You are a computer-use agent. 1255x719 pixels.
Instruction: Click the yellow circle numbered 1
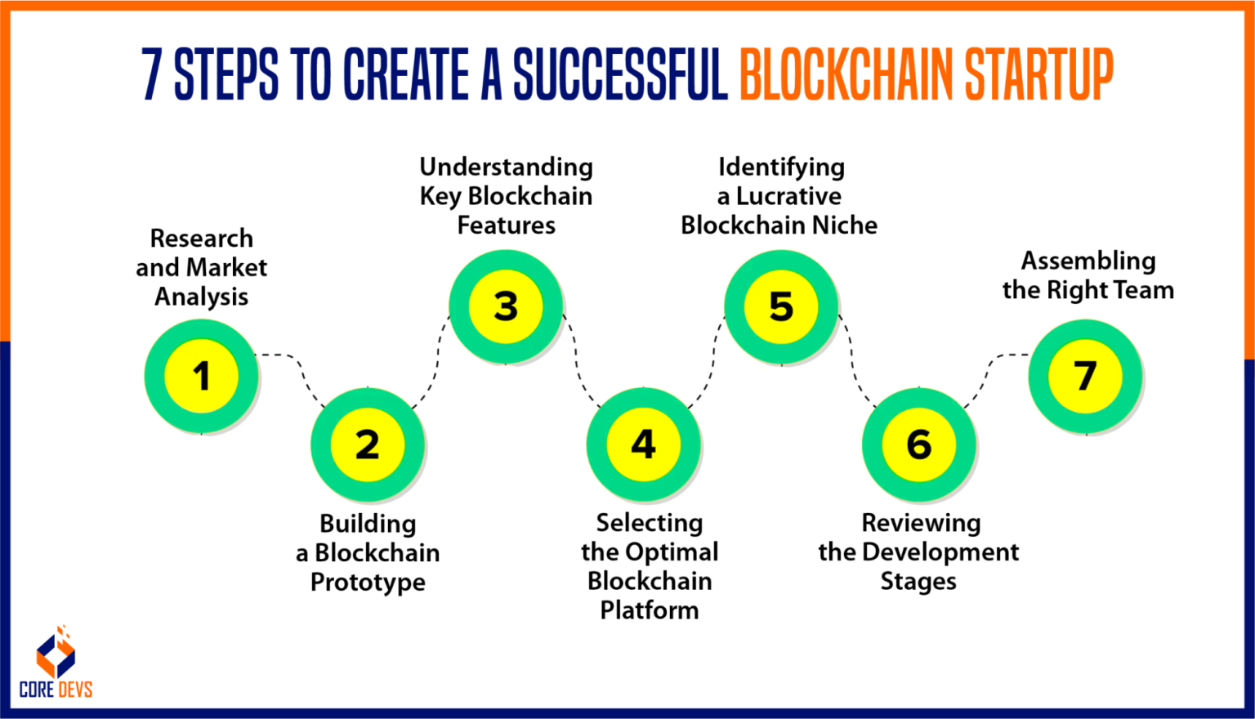point(201,376)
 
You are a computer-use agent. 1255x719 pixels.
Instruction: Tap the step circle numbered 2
point(368,444)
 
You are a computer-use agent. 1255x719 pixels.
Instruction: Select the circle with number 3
point(506,306)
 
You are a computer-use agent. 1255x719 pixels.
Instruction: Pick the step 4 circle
point(644,444)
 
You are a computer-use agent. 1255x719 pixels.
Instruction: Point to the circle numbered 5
point(781,306)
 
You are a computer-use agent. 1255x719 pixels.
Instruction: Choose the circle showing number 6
point(919,444)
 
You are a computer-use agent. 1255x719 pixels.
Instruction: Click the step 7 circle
point(1085,376)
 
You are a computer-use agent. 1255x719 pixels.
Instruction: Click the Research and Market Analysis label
point(201,267)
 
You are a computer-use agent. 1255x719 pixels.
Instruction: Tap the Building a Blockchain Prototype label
point(368,552)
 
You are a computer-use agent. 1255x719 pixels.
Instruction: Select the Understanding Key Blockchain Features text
point(506,196)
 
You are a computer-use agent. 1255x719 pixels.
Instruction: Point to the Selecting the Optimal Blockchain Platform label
point(650,566)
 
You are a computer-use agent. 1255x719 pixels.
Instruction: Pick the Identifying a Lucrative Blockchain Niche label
point(779,196)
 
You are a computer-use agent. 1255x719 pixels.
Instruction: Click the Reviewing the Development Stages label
point(919,552)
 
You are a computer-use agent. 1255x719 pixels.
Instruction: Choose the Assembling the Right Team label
point(1088,275)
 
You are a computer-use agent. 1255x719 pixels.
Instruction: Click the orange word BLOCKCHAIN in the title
point(846,74)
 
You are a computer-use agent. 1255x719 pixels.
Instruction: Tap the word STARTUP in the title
point(1038,74)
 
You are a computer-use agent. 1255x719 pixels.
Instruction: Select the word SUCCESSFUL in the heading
point(620,74)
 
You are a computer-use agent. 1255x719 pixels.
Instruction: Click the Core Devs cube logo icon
point(56,653)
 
